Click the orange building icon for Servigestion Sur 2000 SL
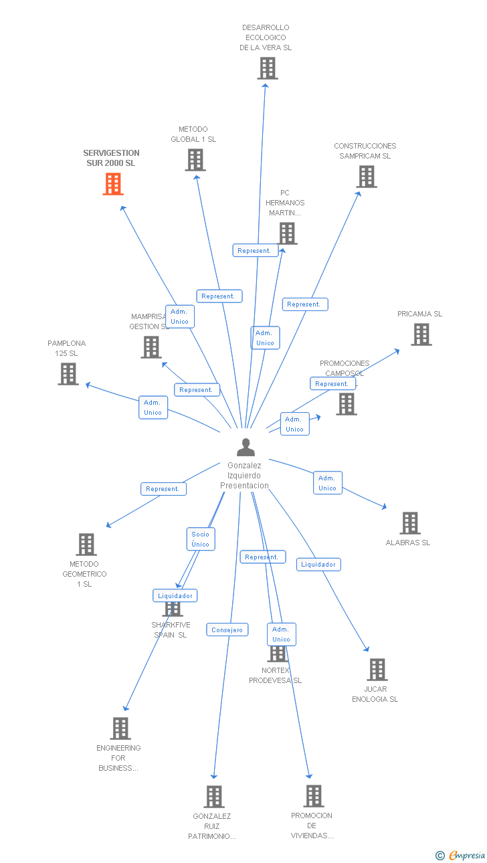113,184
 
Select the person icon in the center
246,447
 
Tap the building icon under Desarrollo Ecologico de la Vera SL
268,68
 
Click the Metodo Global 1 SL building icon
195,160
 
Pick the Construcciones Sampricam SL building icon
366,177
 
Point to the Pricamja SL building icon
421,334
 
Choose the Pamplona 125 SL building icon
68,374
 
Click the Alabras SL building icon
409,523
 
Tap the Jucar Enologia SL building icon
377,670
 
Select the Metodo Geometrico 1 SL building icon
86,545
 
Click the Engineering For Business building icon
120,729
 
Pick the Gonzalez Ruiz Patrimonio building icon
214,797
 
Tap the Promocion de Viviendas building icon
313,796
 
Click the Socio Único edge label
201,539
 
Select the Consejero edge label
227,630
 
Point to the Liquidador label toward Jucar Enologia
318,565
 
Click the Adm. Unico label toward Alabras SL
327,483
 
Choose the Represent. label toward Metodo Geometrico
163,489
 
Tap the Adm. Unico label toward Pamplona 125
153,407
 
